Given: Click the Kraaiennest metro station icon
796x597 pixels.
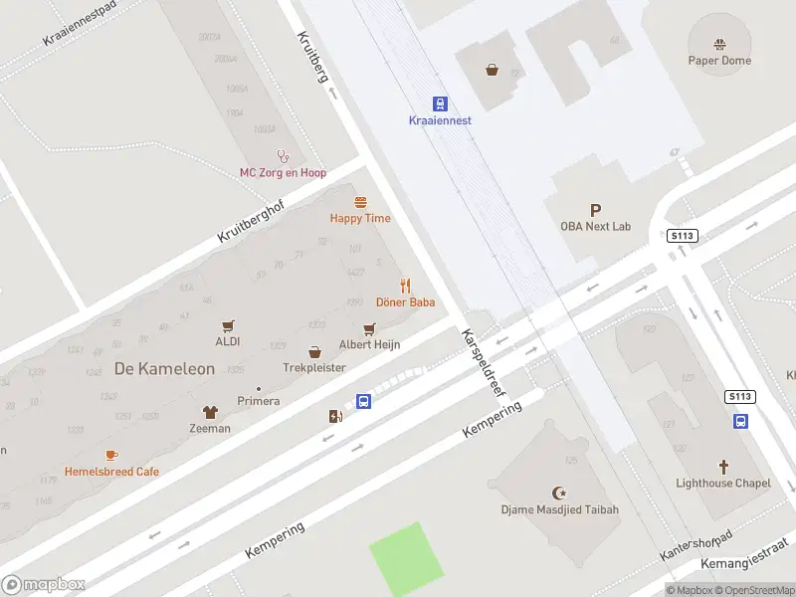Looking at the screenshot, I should [x=440, y=103].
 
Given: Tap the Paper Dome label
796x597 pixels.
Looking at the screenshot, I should [x=719, y=61].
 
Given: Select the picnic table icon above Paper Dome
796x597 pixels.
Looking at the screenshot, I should [x=719, y=44].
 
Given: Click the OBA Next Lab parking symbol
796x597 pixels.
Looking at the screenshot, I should [x=596, y=210].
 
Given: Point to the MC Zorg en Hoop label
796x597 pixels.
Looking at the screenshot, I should [x=283, y=172].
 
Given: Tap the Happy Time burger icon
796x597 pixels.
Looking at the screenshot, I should [x=360, y=202].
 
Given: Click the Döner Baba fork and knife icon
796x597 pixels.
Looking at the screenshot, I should [x=406, y=286].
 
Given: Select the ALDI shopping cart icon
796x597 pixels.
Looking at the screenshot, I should [x=228, y=325].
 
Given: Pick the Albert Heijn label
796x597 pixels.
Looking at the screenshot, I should [x=369, y=344].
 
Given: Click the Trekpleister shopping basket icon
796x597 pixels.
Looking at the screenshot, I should [x=314, y=351].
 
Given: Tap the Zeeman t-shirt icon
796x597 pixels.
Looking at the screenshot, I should [x=210, y=412].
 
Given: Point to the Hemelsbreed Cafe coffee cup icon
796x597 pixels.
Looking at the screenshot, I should [x=111, y=455].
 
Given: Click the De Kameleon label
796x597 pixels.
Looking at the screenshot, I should [x=164, y=368].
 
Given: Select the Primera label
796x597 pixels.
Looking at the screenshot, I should [x=258, y=401].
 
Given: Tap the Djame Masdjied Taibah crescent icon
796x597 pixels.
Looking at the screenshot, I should [x=559, y=494].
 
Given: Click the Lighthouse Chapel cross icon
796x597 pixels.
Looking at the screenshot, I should [x=723, y=467].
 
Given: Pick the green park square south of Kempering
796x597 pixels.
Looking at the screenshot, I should [x=406, y=558].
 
